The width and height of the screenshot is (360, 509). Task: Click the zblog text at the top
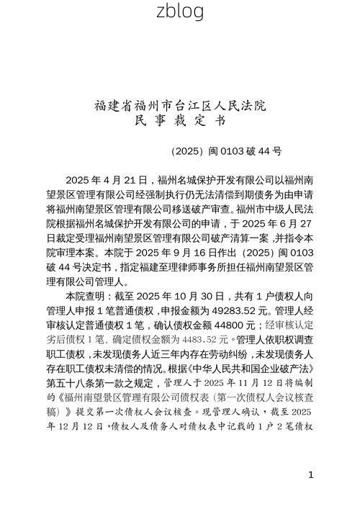click(x=179, y=11)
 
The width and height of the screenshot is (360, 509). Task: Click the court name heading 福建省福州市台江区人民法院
click(x=180, y=106)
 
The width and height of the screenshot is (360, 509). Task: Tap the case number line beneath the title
click(x=226, y=152)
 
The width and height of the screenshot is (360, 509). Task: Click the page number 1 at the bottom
click(x=310, y=474)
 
